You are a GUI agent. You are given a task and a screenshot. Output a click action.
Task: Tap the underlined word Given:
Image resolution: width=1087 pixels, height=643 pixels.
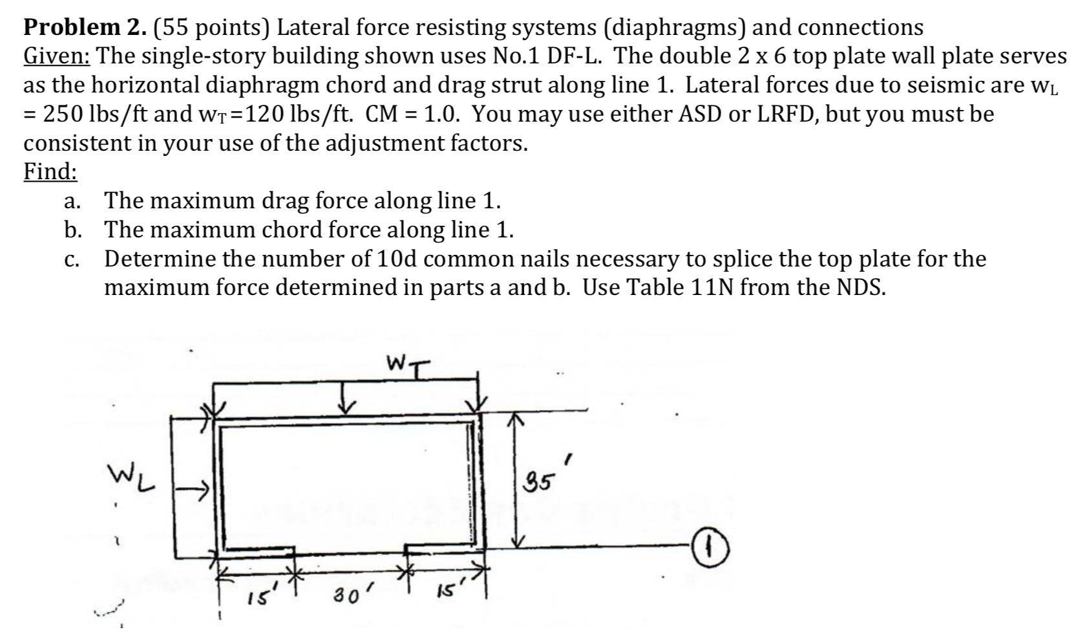coord(58,56)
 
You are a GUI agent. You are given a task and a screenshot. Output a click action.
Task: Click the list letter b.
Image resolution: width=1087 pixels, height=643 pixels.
coord(72,230)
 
